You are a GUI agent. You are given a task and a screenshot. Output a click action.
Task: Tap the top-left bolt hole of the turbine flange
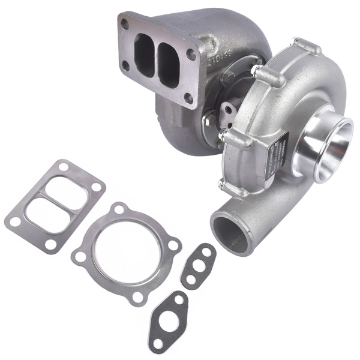[125, 24]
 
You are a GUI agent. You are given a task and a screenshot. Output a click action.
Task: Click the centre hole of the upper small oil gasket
[199, 267]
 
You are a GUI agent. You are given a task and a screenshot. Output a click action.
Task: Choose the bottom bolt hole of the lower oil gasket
[157, 343]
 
